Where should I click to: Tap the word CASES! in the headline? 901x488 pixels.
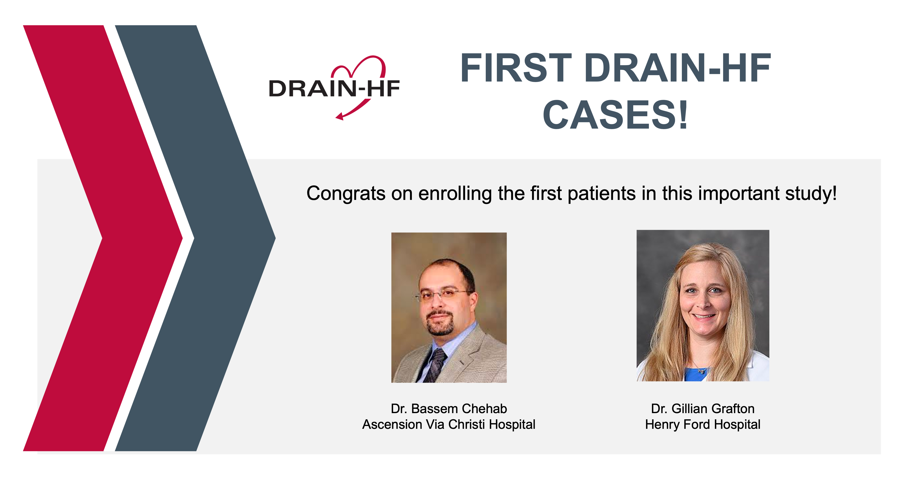click(x=615, y=115)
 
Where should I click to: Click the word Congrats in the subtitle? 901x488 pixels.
click(x=346, y=193)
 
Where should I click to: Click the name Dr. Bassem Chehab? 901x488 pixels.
click(x=449, y=409)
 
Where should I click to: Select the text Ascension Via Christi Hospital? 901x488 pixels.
click(x=449, y=424)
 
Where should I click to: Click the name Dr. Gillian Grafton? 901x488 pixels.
click(x=703, y=409)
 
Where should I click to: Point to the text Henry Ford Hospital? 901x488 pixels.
click(x=703, y=424)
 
